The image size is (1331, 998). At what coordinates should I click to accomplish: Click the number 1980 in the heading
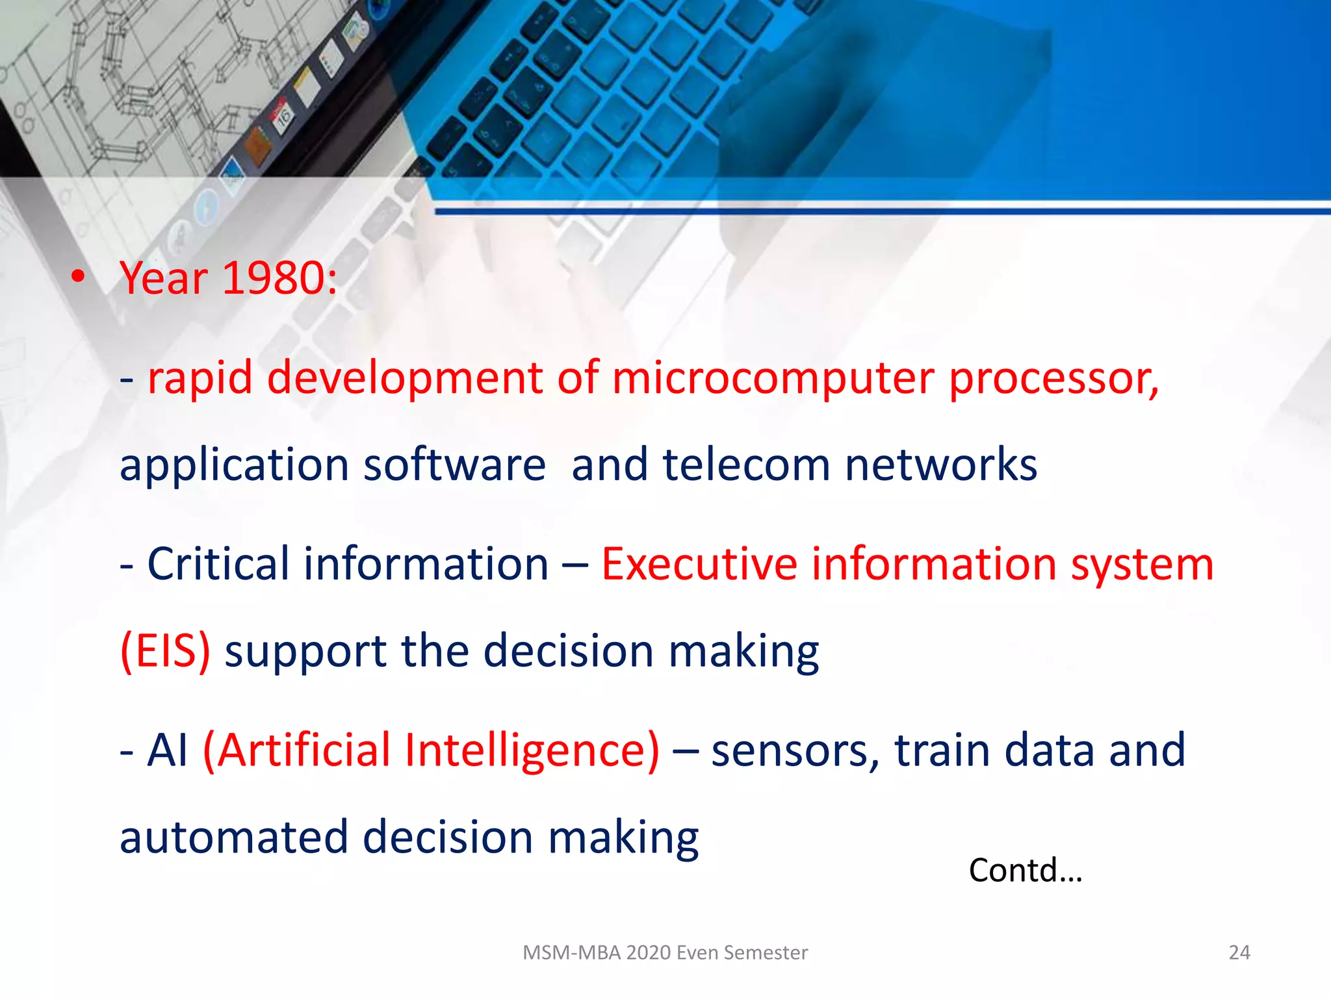(x=279, y=278)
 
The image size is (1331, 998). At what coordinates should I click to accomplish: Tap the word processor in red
(x=1053, y=379)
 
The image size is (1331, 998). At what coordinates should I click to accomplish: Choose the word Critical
(x=218, y=563)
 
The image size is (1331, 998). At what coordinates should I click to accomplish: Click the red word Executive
(x=699, y=563)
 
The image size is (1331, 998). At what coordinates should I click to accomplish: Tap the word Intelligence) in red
(x=531, y=750)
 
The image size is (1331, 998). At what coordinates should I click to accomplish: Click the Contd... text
(x=1025, y=870)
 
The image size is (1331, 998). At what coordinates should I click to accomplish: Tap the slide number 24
(x=1239, y=953)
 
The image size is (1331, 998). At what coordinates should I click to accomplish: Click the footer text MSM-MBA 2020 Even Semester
(x=665, y=953)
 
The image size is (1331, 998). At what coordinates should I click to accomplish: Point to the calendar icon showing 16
(x=284, y=116)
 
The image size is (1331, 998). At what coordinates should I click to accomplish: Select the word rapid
(x=200, y=379)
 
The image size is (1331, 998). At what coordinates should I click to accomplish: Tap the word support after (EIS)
(x=305, y=652)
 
